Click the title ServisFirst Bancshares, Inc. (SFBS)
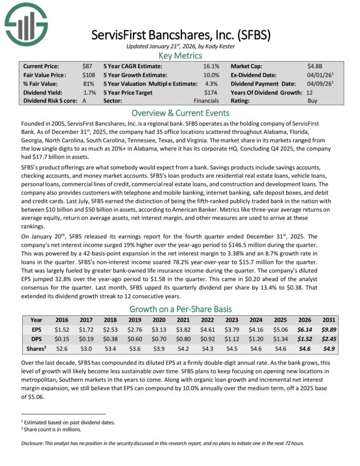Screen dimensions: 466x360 pos(181,35)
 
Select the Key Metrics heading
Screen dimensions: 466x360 pos(180,55)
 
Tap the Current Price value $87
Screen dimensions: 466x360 pos(87,66)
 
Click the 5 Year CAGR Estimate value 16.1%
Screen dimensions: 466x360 pos(211,66)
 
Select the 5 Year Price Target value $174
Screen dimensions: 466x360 pos(211,92)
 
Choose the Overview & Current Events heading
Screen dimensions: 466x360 pos(180,113)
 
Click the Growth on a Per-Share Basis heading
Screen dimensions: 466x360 pos(180,309)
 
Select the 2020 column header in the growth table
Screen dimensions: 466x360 pos(159,320)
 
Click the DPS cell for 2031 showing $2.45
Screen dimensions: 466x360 pos(328,339)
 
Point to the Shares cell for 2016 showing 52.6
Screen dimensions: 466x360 pos(62,349)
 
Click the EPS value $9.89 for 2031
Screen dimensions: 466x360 pos(328,330)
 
